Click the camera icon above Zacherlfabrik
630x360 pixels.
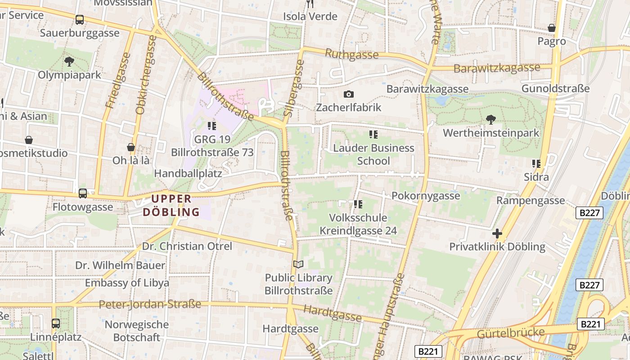point(348,94)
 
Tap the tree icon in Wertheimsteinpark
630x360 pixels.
point(491,119)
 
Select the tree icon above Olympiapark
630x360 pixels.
point(69,61)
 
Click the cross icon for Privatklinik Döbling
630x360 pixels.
point(497,234)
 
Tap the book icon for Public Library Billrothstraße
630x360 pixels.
point(298,264)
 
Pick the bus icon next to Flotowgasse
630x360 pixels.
point(83,193)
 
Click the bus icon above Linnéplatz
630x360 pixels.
point(56,323)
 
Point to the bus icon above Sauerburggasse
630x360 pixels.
point(80,20)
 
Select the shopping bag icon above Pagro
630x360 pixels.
point(552,28)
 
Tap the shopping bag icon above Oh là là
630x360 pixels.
point(131,147)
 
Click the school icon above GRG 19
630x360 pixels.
point(211,126)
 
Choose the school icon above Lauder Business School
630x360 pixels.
point(373,134)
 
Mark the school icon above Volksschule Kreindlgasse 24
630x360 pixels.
point(358,204)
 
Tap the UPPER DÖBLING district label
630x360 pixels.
point(171,205)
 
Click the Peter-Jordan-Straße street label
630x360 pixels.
point(150,305)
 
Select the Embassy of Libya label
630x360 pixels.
point(127,283)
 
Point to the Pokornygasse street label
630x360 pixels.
point(426,196)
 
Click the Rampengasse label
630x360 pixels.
point(531,201)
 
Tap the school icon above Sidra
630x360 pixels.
point(536,163)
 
